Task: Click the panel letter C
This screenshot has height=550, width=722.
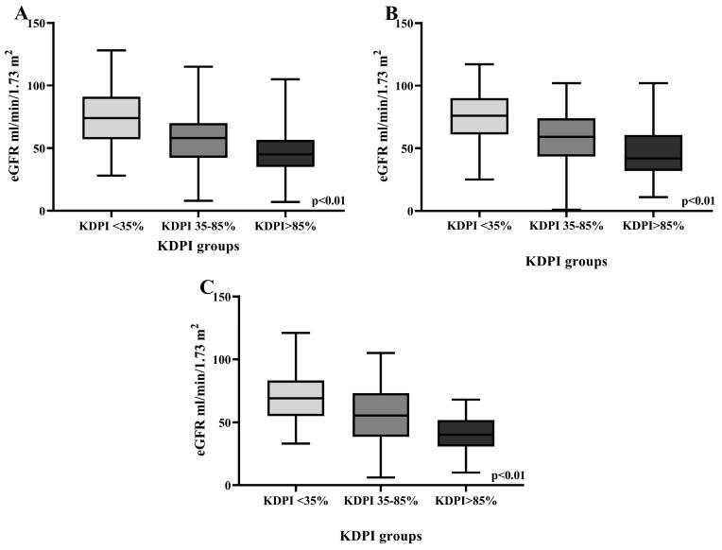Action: click(208, 286)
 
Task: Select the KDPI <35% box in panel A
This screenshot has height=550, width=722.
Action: click(112, 118)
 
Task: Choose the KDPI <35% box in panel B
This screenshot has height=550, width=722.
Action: click(479, 116)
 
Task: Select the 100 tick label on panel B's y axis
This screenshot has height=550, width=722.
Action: click(405, 86)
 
